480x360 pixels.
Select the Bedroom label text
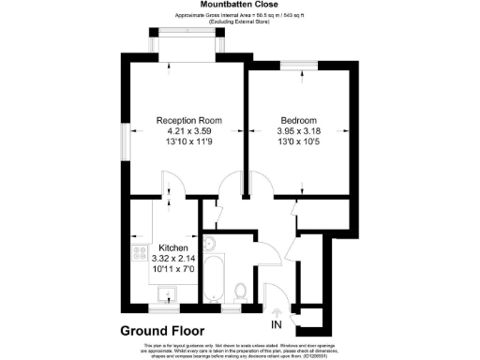click(298, 121)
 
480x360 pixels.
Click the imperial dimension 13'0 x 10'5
click(298, 143)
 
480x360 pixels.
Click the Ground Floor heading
click(165, 329)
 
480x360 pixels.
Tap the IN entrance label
click(276, 325)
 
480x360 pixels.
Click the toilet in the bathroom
click(240, 291)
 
